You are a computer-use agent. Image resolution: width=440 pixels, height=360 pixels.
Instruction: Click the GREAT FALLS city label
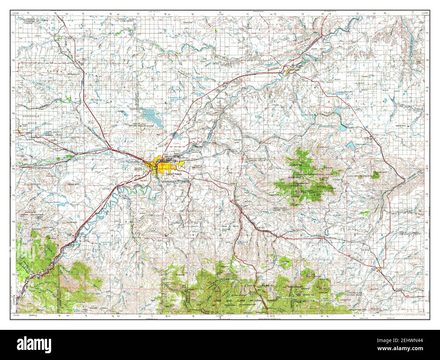tap(173, 174)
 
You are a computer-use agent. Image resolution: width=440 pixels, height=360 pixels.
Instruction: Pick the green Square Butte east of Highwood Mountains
tap(377, 175)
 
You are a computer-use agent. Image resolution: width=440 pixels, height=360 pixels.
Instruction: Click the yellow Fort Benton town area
tap(287, 72)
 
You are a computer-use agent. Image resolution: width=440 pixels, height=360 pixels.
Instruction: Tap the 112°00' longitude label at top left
tap(15, 14)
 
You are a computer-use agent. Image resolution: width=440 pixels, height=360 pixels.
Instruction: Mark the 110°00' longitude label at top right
tap(425, 14)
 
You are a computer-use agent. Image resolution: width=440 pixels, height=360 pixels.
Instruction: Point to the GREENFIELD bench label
tap(24, 115)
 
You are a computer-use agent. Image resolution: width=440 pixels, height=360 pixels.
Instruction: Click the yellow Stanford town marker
tap(381, 269)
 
